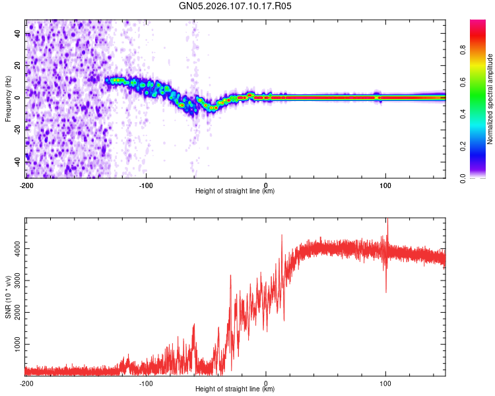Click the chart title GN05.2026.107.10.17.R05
(235, 6)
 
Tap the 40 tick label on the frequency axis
(18, 33)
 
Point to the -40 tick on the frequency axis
(18, 162)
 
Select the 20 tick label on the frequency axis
(18, 65)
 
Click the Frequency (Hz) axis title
(8, 98)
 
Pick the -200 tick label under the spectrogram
(26, 185)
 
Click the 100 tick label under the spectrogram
(385, 185)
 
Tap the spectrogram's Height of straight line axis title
(235, 191)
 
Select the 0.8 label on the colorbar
(463, 49)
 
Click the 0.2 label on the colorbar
(463, 146)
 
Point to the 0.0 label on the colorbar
(463, 178)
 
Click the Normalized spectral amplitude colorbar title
(490, 98)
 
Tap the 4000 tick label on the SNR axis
(18, 249)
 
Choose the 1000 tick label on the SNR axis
(18, 345)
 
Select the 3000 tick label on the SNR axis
(18, 280)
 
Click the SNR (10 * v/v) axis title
(8, 297)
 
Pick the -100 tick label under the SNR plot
(146, 383)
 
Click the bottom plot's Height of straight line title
(235, 389)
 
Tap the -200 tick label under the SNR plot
(26, 383)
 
